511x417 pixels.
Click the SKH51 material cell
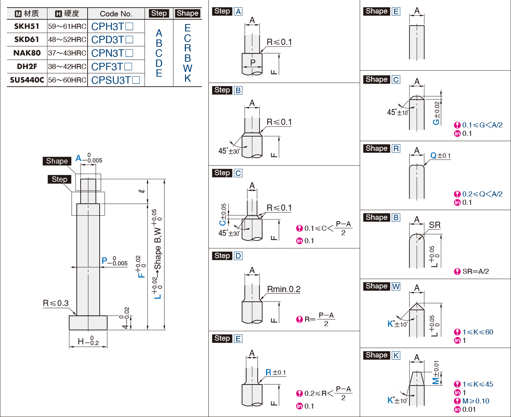[x=27, y=26]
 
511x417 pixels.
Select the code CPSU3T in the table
[x=111, y=80]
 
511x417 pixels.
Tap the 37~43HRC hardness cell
[x=67, y=53]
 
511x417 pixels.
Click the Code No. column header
[x=116, y=14]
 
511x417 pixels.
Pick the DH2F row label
[x=27, y=66]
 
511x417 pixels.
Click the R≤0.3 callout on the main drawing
[x=56, y=303]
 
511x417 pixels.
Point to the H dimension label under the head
[x=88, y=341]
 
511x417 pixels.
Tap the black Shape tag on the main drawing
[x=57, y=161]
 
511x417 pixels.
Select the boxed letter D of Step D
[x=238, y=256]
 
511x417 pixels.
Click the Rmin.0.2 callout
[x=284, y=289]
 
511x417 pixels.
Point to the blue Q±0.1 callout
[x=440, y=156]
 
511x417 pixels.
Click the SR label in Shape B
[x=435, y=225]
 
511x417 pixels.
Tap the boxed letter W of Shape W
[x=396, y=286]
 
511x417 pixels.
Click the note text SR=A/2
[x=475, y=271]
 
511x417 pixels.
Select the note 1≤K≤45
[x=477, y=384]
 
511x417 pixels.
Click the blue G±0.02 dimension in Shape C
[x=437, y=113]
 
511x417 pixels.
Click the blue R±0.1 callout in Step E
[x=276, y=372]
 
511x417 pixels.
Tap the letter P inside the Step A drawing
[x=253, y=62]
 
